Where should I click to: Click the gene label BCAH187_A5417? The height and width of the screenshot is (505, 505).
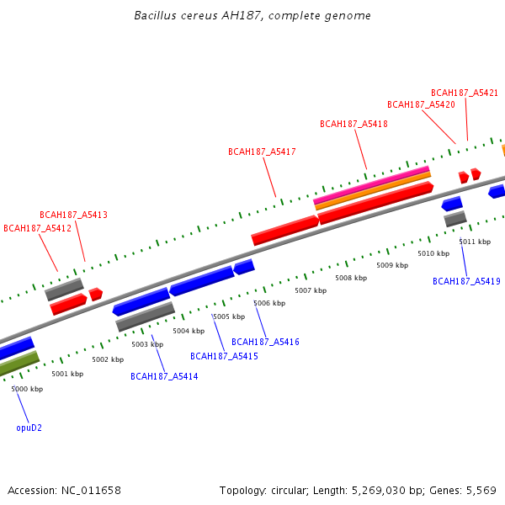point(262,151)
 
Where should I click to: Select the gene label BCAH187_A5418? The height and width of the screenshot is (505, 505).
point(353,124)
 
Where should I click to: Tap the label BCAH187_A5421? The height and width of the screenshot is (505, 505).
point(465,93)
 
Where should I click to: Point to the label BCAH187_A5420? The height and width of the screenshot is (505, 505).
point(421,104)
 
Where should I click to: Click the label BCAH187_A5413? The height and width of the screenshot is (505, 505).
point(73,215)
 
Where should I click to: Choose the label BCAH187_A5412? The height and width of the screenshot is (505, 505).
point(37,228)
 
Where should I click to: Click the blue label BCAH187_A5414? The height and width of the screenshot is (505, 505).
point(164,376)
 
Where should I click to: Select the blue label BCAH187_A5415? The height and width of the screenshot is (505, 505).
point(224,356)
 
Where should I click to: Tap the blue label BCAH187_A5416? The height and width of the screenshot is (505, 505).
point(265,342)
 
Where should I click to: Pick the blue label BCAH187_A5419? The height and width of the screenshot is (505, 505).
point(466,281)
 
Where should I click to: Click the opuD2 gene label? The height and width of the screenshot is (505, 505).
point(29,428)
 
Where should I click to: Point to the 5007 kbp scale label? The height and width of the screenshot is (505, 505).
point(310,290)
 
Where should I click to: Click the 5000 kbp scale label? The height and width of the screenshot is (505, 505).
point(27,389)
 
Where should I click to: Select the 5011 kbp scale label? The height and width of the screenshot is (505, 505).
point(475,242)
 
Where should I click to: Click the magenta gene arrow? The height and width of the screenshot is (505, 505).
point(371,184)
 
